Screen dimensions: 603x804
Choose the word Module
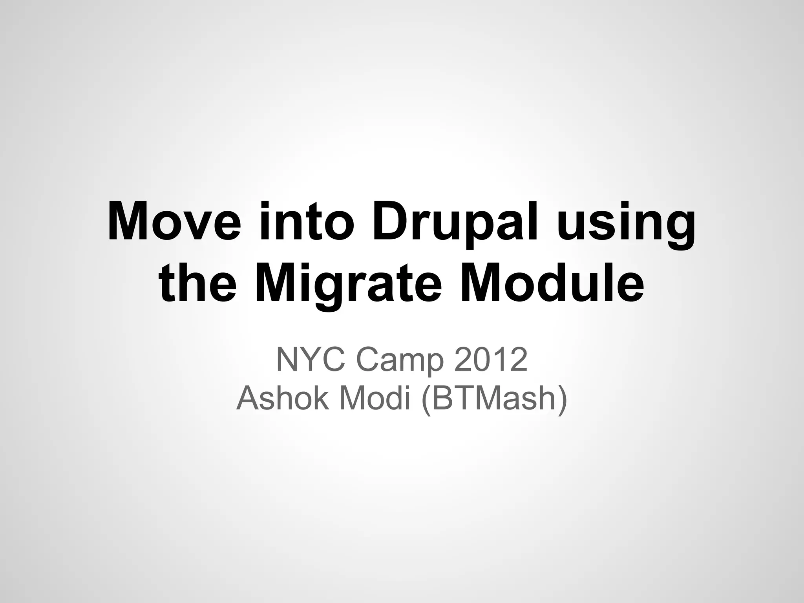tap(552, 283)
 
